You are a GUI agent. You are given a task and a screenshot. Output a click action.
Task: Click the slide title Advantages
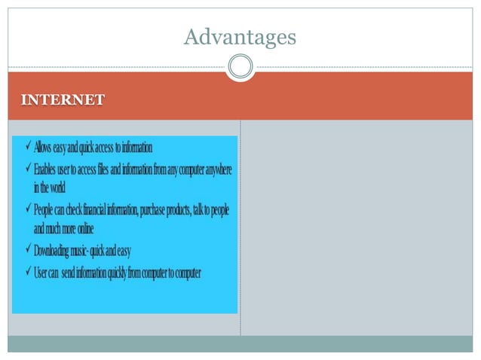coord(240,36)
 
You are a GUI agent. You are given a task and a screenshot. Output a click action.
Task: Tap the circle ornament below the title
coord(240,67)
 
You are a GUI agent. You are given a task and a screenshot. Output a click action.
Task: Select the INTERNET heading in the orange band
coord(63,99)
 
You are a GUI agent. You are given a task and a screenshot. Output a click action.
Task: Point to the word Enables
coord(49,170)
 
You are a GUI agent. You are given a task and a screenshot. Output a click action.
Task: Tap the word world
coord(58,187)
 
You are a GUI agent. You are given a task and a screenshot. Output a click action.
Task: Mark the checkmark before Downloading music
coord(26,249)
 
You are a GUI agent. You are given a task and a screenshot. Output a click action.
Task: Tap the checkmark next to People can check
coord(26,209)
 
